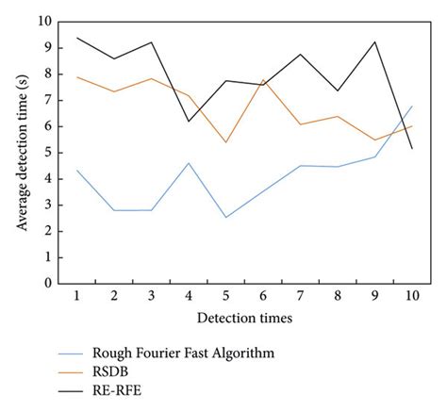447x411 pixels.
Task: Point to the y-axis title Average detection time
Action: pyautogui.click(x=21, y=151)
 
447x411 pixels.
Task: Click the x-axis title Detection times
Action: pyautogui.click(x=243, y=318)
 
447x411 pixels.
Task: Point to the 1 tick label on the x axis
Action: pyautogui.click(x=76, y=296)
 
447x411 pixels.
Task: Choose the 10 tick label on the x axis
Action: pyautogui.click(x=411, y=296)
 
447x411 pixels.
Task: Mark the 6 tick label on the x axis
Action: pyautogui.click(x=262, y=296)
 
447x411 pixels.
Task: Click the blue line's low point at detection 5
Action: pyautogui.click(x=225, y=217)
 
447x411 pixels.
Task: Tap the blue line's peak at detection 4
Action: pyautogui.click(x=188, y=163)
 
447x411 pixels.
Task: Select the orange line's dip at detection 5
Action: pyautogui.click(x=225, y=142)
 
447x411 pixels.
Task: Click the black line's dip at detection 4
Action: pyautogui.click(x=188, y=121)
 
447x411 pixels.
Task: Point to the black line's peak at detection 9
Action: pyautogui.click(x=374, y=41)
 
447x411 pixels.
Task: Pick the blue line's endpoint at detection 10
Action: pyautogui.click(x=412, y=107)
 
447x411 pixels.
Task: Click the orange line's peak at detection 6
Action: pyautogui.click(x=262, y=80)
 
